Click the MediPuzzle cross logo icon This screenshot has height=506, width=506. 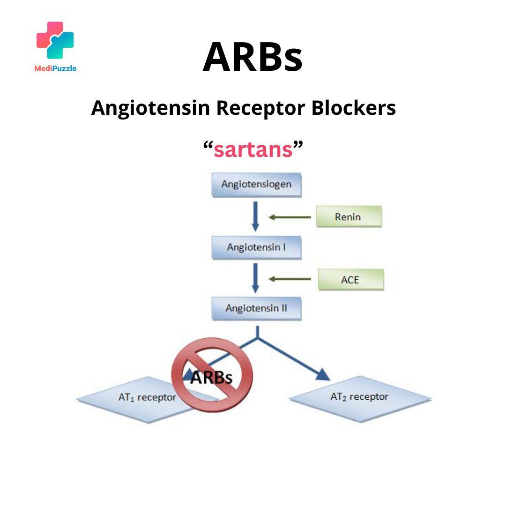(55, 41)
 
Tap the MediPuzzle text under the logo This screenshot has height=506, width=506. (55, 68)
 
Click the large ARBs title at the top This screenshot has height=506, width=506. (253, 57)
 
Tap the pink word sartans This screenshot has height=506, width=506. (253, 150)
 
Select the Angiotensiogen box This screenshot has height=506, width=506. (256, 184)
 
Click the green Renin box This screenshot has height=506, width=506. (349, 217)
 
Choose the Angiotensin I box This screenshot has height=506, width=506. (256, 247)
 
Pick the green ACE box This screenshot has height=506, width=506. (350, 280)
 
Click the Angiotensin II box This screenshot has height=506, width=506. (256, 309)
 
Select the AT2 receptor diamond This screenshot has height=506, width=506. (360, 397)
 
